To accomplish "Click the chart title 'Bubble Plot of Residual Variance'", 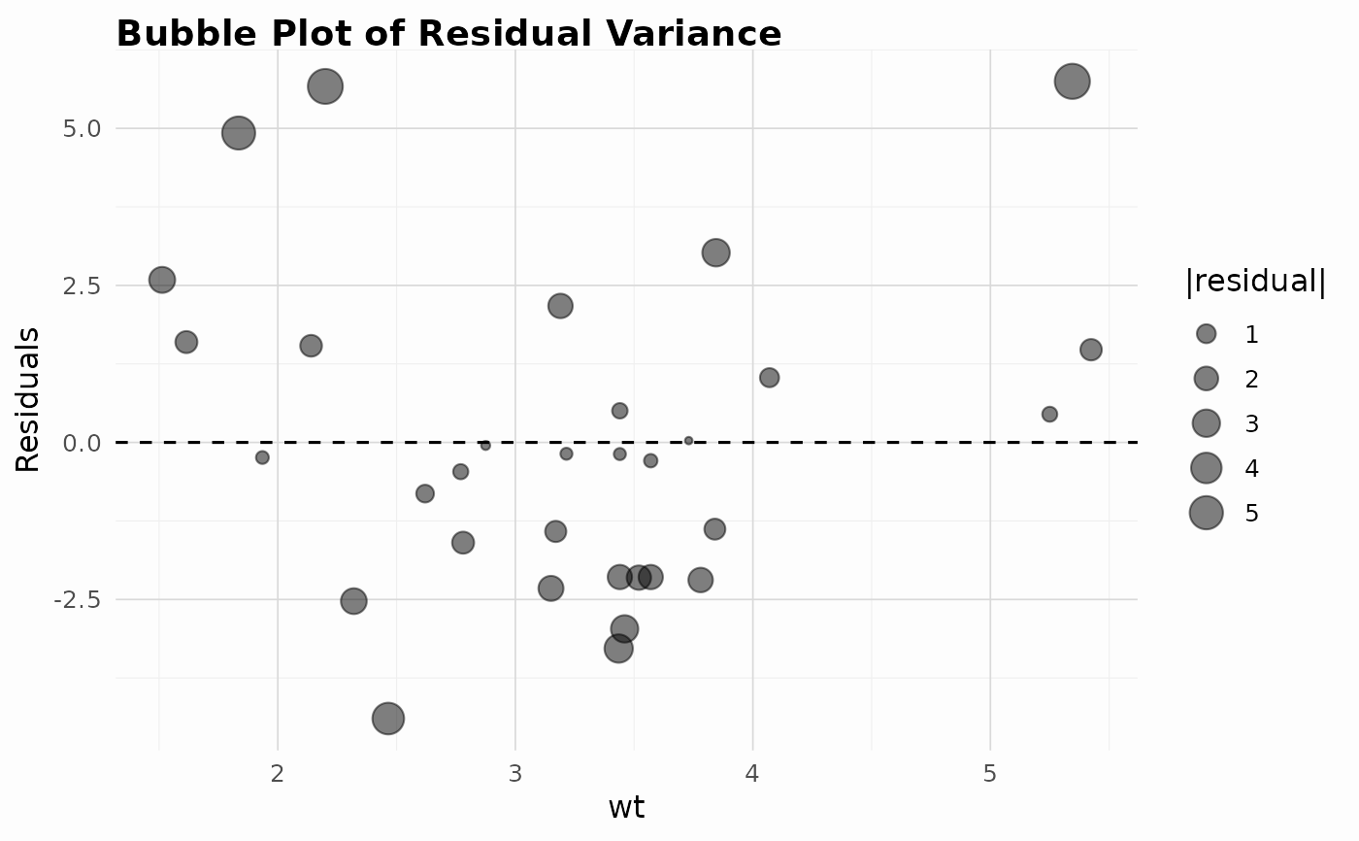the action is pyautogui.click(x=448, y=33).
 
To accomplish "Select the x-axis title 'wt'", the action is pyautogui.click(x=626, y=808).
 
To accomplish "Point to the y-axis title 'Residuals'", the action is pyautogui.click(x=27, y=399).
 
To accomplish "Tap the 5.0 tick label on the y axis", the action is pyautogui.click(x=82, y=128).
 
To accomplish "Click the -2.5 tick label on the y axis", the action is pyautogui.click(x=77, y=600).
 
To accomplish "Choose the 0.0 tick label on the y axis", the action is pyautogui.click(x=82, y=443).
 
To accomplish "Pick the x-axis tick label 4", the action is pyautogui.click(x=752, y=774).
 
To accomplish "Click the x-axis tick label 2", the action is pyautogui.click(x=278, y=774).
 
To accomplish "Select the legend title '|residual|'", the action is pyautogui.click(x=1255, y=282).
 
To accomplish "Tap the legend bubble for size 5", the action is pyautogui.click(x=1206, y=513).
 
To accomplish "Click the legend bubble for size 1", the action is pyautogui.click(x=1206, y=334).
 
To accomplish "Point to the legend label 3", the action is pyautogui.click(x=1251, y=423).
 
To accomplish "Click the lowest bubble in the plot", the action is pyautogui.click(x=388, y=719).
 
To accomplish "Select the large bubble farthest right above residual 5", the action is pyautogui.click(x=1072, y=82).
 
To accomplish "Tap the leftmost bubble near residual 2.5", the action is pyautogui.click(x=162, y=280).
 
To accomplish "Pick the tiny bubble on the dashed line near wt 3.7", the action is pyautogui.click(x=688, y=441).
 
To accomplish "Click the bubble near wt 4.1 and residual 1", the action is pyautogui.click(x=769, y=378).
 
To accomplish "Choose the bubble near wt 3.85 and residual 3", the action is pyautogui.click(x=716, y=252).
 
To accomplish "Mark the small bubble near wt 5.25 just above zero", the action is pyautogui.click(x=1049, y=415).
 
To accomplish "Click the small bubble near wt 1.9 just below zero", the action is pyautogui.click(x=262, y=457).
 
